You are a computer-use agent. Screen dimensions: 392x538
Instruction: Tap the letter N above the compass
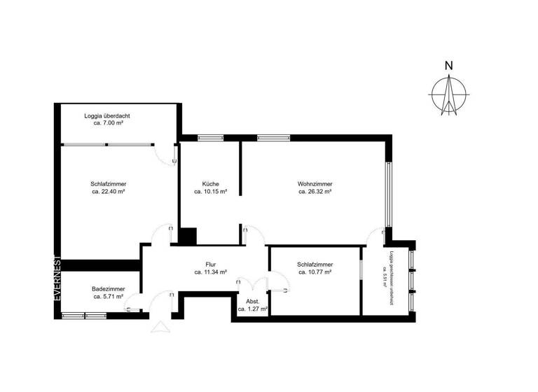pyautogui.click(x=449, y=66)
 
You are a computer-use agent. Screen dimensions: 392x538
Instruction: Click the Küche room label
pyautogui.click(x=210, y=183)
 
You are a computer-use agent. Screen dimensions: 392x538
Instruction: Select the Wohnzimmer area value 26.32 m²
pyautogui.click(x=315, y=191)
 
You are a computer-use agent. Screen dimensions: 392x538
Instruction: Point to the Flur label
pyautogui.click(x=210, y=264)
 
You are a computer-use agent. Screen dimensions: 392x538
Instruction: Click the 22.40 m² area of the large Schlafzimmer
pyautogui.click(x=108, y=191)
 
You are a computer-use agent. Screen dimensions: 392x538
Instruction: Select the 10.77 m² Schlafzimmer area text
pyautogui.click(x=315, y=272)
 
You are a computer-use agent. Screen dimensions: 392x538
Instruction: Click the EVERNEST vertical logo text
pyautogui.click(x=59, y=280)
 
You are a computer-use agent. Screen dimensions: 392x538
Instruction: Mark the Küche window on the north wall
pyautogui.click(x=209, y=138)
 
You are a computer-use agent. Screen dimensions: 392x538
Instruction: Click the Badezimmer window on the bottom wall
pyautogui.click(x=85, y=316)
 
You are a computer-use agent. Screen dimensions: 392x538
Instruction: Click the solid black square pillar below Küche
pyautogui.click(x=188, y=236)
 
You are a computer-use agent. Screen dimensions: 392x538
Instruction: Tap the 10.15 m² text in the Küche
pyautogui.click(x=210, y=191)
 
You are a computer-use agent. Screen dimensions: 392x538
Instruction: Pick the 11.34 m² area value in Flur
pyautogui.click(x=210, y=272)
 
